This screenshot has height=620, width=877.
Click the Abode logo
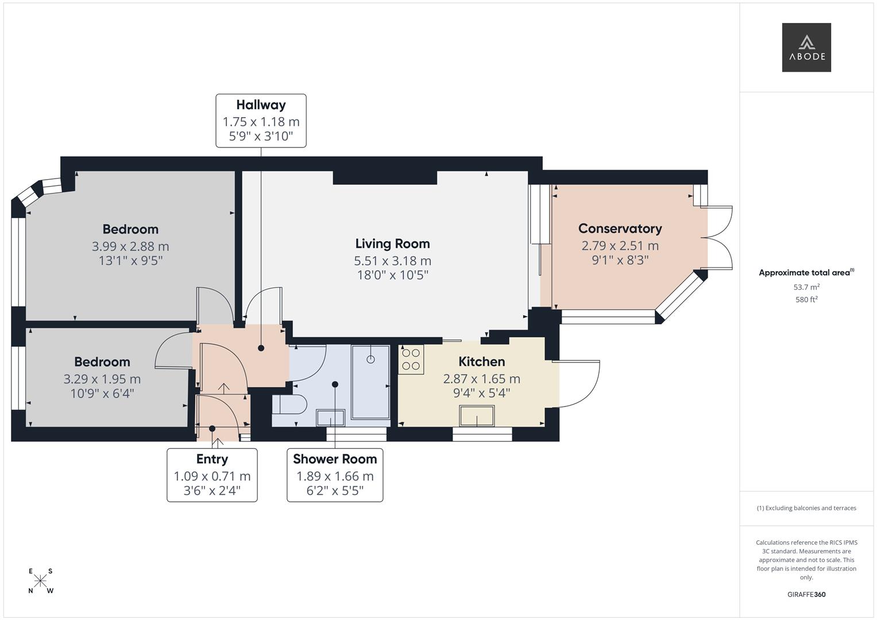point(806,48)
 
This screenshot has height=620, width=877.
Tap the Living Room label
point(392,243)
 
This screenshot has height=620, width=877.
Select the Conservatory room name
point(620,228)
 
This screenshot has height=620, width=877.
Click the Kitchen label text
point(481,362)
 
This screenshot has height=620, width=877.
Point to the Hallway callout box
point(261,121)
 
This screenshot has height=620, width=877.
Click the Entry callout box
point(212,475)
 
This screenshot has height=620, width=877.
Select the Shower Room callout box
point(335,475)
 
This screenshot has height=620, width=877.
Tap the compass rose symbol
point(40,581)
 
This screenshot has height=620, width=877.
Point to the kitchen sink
point(476,416)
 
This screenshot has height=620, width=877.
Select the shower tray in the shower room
point(370,382)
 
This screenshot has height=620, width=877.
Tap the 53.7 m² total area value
point(806,287)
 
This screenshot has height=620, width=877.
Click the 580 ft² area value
point(806,300)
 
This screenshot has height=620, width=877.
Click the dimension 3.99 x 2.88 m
point(130,246)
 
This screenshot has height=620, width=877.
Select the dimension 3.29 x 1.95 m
point(102,379)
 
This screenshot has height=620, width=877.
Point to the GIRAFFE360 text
point(806,594)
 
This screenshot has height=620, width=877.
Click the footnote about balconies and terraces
point(806,508)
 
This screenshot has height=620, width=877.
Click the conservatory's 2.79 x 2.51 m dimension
point(620,246)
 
